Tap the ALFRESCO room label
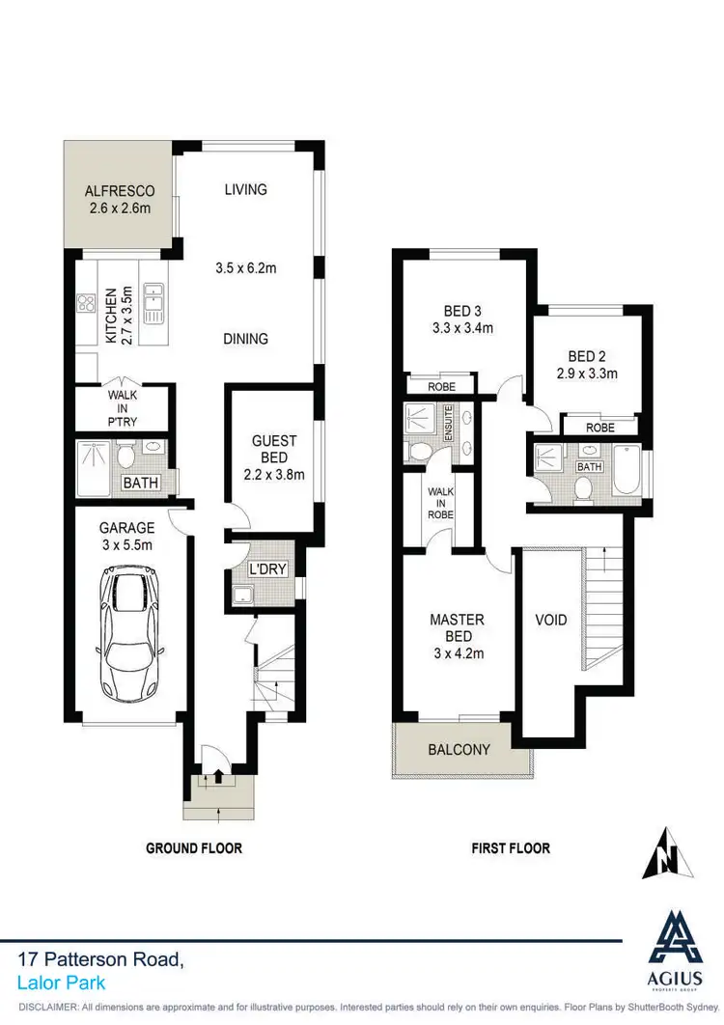[120, 191]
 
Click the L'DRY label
[267, 569]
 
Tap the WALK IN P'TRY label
[123, 408]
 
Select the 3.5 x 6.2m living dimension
[245, 268]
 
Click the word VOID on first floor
[551, 620]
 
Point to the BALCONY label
[459, 749]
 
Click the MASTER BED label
[458, 628]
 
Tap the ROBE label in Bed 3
[440, 385]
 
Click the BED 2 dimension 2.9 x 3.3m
[587, 374]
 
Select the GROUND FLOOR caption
[193, 848]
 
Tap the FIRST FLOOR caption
[511, 848]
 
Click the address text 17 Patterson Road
[99, 959]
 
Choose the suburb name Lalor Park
[62, 983]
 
